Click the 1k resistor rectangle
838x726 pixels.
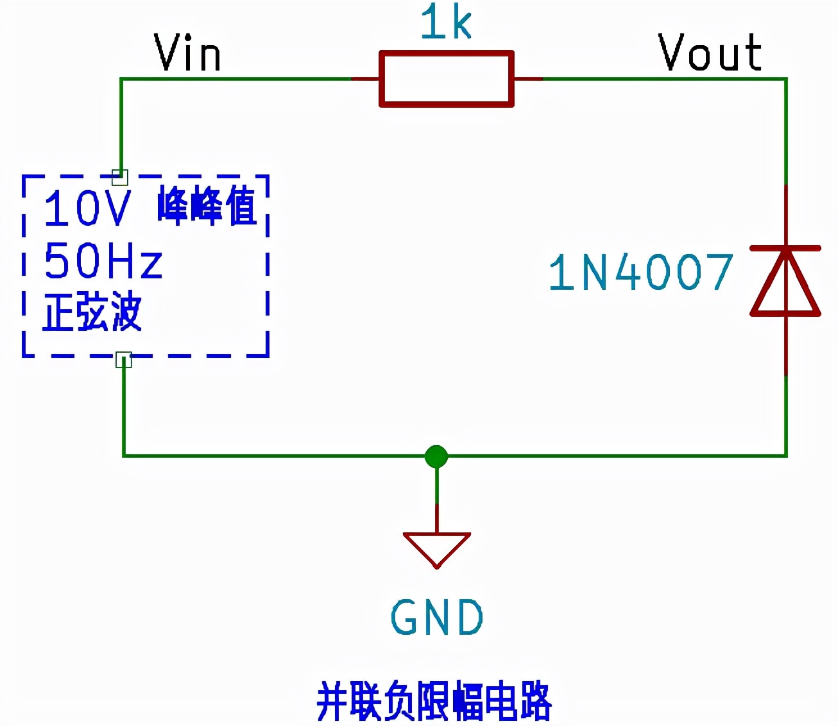pos(446,79)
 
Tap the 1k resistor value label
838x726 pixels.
pos(446,22)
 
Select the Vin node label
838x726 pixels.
pos(187,53)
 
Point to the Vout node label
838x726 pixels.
pos(710,53)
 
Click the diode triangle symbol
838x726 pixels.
pos(785,285)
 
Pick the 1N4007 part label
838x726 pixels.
pos(640,273)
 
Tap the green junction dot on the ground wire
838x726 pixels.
pos(436,456)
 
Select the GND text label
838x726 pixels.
pos(437,618)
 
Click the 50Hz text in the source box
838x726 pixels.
pos(103,262)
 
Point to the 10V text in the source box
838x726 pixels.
pos(87,208)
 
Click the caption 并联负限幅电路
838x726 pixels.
pos(434,701)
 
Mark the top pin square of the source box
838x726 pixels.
pos(120,177)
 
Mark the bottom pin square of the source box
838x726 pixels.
pos(123,360)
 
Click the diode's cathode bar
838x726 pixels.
pos(785,248)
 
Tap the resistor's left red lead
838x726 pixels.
pos(366,79)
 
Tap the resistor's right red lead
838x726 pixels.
pos(528,79)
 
